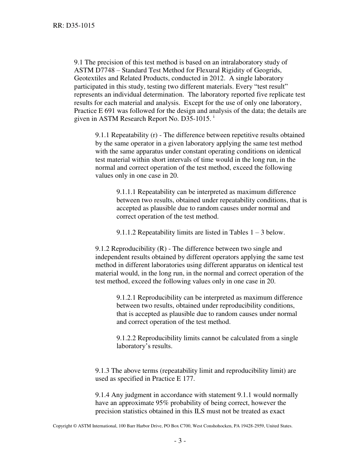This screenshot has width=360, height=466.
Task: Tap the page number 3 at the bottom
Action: coord(180,441)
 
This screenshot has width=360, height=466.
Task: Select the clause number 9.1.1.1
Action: coord(127,192)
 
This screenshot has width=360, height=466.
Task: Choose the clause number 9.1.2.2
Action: coord(127,338)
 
